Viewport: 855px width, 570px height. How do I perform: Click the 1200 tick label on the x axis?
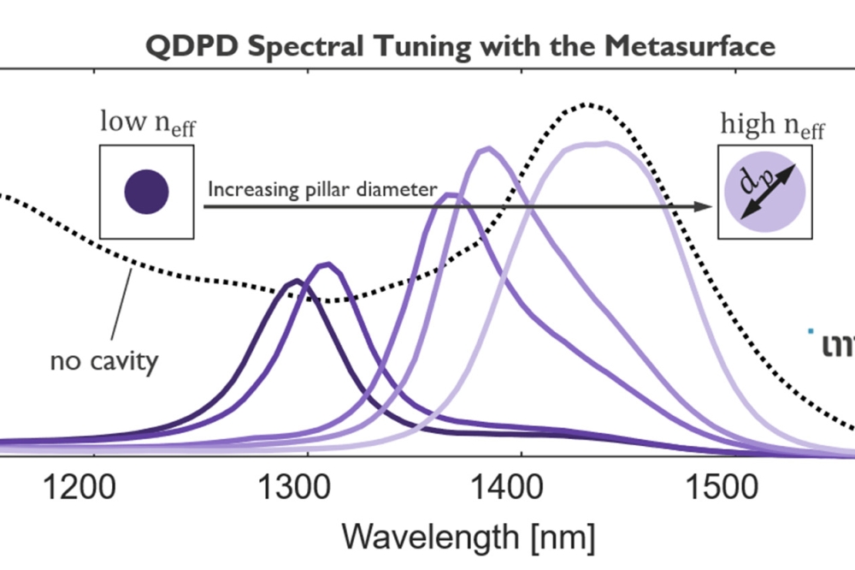(x=86, y=490)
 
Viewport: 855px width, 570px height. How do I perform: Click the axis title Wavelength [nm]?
(x=468, y=537)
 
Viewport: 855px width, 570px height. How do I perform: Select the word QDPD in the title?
(x=186, y=45)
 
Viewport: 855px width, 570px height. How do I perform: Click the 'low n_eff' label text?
(x=147, y=124)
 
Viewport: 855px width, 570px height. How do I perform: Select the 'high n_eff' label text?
(x=772, y=126)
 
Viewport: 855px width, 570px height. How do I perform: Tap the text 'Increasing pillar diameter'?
(x=323, y=189)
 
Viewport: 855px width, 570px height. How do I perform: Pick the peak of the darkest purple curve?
(x=296, y=280)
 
